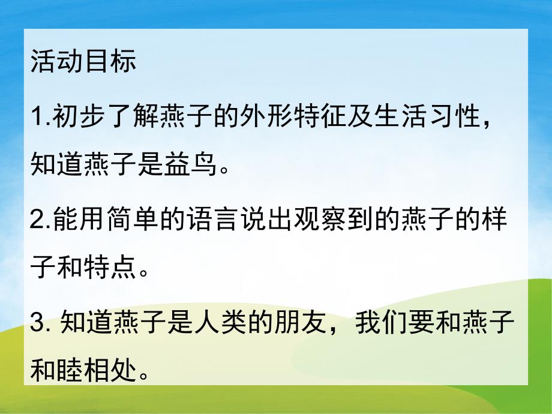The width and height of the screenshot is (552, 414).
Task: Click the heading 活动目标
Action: (x=83, y=62)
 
